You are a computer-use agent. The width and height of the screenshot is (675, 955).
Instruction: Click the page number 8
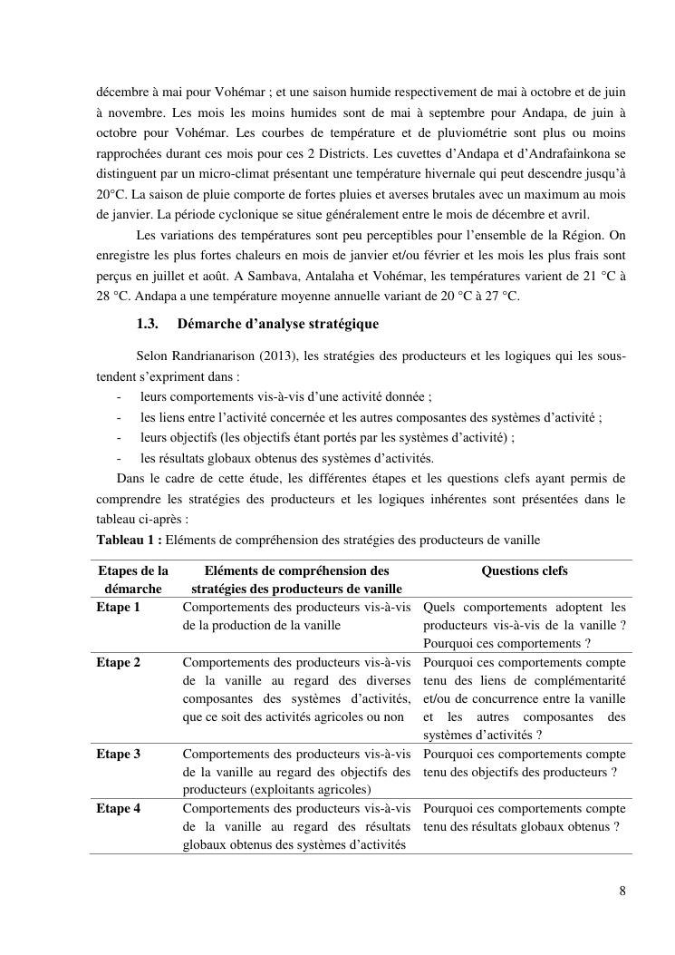[622, 890]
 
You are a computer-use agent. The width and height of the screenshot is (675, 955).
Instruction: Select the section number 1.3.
[148, 324]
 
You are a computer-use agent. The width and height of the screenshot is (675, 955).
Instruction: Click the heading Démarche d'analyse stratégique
[278, 324]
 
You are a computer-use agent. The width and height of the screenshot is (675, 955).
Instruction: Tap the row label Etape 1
[119, 607]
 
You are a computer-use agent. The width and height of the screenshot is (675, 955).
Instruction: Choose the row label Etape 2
[119, 662]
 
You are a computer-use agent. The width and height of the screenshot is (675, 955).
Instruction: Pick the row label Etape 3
[119, 753]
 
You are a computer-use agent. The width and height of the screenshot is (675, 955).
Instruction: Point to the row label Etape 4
[119, 808]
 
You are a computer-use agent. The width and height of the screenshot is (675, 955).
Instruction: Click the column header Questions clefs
[525, 571]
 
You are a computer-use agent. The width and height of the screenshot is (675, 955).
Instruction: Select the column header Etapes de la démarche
[133, 580]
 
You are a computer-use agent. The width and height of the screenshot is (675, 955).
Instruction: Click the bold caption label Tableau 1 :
[130, 541]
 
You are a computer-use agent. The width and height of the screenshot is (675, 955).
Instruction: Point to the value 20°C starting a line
[112, 195]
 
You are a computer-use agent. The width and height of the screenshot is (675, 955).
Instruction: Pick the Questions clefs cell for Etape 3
[524, 762]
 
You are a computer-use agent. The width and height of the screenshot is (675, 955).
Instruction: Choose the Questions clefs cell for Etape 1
[524, 625]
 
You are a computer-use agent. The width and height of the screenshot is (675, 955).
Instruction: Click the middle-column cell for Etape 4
[296, 826]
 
